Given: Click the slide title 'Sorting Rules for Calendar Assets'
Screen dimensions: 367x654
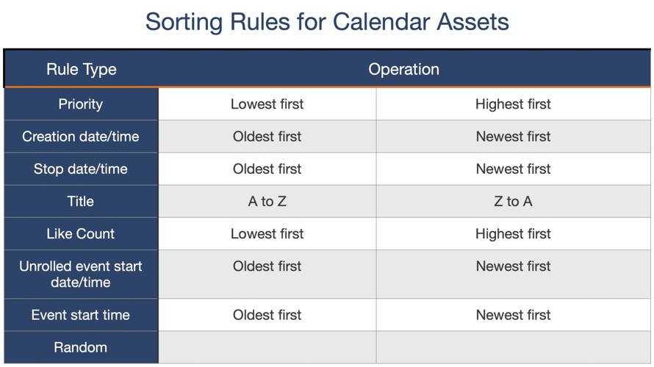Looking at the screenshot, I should click(327, 21).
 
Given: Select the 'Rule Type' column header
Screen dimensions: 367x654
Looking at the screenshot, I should click(81, 70).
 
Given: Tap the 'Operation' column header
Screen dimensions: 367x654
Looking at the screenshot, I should click(403, 70).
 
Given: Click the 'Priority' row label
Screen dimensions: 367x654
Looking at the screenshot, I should click(81, 104).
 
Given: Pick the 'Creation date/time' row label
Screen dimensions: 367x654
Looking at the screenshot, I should click(81, 137).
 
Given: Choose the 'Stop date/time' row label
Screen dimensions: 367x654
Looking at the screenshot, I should click(81, 169).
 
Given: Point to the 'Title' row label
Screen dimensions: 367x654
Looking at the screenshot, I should click(81, 201).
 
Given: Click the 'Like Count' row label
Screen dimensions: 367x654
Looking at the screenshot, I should click(81, 234).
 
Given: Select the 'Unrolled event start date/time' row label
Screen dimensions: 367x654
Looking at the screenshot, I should click(81, 274).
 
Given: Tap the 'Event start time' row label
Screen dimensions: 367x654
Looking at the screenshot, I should click(81, 315).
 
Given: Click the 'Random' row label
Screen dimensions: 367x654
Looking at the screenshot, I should click(81, 347).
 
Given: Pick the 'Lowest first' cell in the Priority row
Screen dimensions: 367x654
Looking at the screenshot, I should click(267, 104).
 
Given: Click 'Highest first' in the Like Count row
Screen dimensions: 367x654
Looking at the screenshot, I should click(513, 234).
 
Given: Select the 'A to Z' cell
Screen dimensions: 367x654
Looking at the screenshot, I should click(267, 201).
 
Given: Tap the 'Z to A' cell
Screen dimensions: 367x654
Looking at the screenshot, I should click(513, 201).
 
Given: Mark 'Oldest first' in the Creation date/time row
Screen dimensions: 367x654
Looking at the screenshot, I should click(267, 137).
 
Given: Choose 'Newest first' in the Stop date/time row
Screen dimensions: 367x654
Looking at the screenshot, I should click(513, 169).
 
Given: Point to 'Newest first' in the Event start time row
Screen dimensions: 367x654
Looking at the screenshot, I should click(513, 315).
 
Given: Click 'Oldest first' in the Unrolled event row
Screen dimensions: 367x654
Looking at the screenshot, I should click(267, 266).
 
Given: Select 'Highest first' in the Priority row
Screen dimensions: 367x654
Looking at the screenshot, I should click(513, 104).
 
